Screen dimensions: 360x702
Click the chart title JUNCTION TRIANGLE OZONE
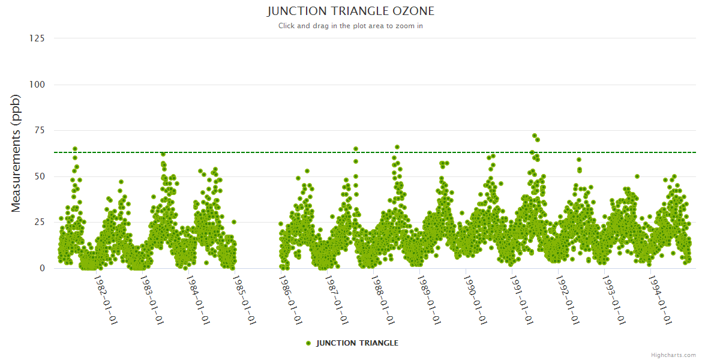tap(350, 11)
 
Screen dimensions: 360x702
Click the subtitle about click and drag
tap(350, 26)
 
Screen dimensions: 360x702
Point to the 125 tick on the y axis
tap(37, 38)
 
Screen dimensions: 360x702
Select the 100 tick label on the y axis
tap(37, 85)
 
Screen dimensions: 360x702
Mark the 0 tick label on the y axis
tap(42, 268)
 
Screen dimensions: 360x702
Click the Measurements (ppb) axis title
tap(16, 153)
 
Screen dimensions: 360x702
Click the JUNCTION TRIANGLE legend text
tap(357, 343)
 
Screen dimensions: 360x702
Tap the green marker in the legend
tap(308, 343)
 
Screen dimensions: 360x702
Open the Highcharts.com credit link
tap(673, 355)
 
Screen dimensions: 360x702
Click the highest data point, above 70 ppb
tap(535, 136)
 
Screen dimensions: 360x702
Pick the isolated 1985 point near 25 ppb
tap(234, 222)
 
